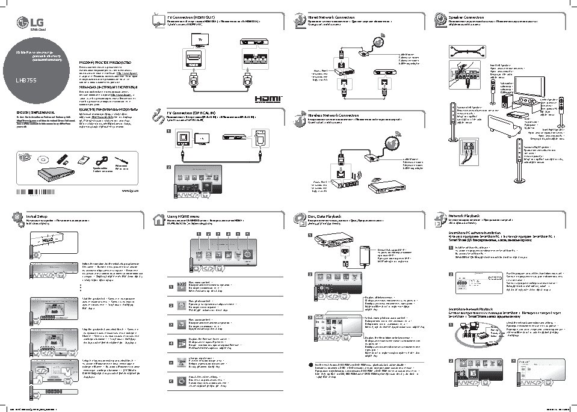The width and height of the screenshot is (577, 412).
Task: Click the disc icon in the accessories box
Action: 42,159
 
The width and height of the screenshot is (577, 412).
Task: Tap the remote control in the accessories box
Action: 62,159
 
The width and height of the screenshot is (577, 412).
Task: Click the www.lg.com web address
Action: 130,190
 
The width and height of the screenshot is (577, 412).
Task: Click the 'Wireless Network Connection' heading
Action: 333,114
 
